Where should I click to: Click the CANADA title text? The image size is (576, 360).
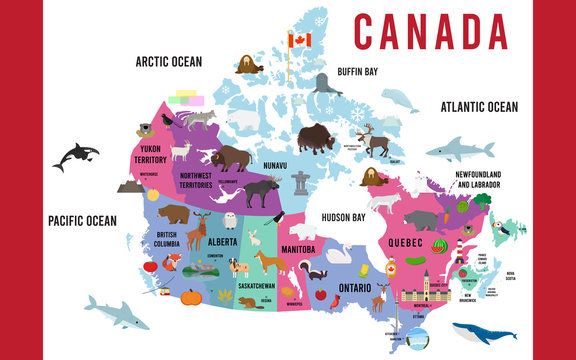pyautogui.click(x=430, y=32)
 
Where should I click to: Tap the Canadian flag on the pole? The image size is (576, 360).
pyautogui.click(x=300, y=40)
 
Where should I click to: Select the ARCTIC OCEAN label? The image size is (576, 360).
pyautogui.click(x=168, y=62)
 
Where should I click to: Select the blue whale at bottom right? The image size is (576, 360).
pyautogui.click(x=483, y=336)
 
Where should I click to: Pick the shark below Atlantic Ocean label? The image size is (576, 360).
pyautogui.click(x=459, y=152)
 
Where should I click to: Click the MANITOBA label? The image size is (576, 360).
pyautogui.click(x=297, y=249)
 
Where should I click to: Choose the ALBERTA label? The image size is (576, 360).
pyautogui.click(x=222, y=242)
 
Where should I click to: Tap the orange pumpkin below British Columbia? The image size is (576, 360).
pyautogui.click(x=190, y=297)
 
